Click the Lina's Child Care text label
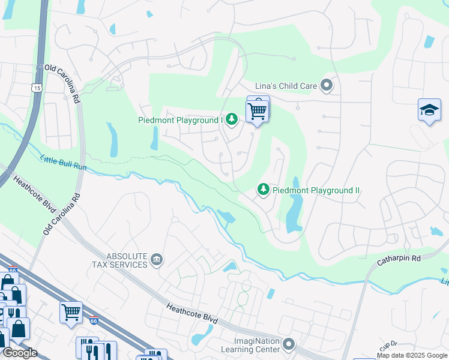point(286,86)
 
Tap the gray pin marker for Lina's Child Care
point(327,86)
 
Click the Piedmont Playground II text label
point(316,190)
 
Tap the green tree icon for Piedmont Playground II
point(263,190)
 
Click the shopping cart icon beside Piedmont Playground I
point(257,110)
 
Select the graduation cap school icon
point(429,110)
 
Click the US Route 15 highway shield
point(37,88)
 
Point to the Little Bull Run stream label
point(64,163)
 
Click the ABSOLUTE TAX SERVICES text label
point(119,260)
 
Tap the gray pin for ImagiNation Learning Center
point(289,344)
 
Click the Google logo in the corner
point(19,353)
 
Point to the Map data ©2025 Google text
point(412,355)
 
